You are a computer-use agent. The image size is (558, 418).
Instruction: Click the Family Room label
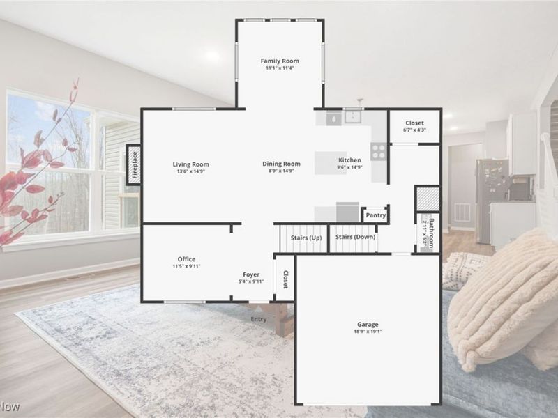pyautogui.click(x=280, y=61)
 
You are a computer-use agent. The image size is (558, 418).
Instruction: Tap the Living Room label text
pyautogui.click(x=191, y=164)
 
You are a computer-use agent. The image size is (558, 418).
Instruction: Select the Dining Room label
pyautogui.click(x=281, y=164)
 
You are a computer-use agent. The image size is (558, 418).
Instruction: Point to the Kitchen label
pyautogui.click(x=349, y=160)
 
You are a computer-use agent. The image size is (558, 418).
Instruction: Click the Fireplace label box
pyautogui.click(x=135, y=165)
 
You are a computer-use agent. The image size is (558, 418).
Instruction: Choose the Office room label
pyautogui.click(x=186, y=259)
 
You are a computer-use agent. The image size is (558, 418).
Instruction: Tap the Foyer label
pyautogui.click(x=251, y=274)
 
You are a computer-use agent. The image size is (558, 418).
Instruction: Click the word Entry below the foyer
pyautogui.click(x=259, y=319)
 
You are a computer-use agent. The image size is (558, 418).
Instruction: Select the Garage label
pyautogui.click(x=368, y=325)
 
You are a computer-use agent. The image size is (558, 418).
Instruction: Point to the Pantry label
pyautogui.click(x=376, y=215)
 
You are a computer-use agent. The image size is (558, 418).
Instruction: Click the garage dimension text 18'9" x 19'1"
pyautogui.click(x=368, y=332)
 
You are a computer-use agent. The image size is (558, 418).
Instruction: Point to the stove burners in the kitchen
pyautogui.click(x=379, y=151)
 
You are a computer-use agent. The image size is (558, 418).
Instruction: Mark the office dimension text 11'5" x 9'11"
pyautogui.click(x=186, y=266)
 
